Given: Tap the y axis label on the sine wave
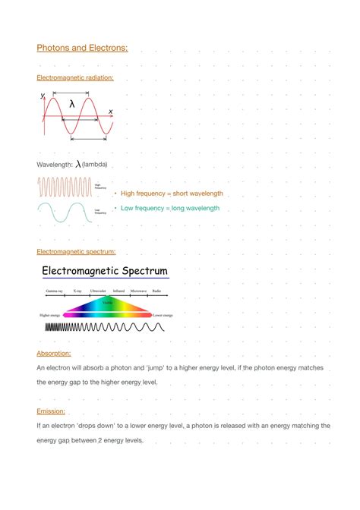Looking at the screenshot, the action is [43, 96].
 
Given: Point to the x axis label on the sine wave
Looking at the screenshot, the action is [110, 112].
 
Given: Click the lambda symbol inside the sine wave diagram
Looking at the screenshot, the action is [72, 104].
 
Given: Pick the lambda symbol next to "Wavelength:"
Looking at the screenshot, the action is [77, 164].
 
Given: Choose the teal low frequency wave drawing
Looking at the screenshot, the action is [65, 212].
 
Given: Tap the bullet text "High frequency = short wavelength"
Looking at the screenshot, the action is [172, 194].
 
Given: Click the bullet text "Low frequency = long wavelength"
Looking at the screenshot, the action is [170, 208].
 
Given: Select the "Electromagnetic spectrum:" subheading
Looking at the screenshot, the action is [76, 251].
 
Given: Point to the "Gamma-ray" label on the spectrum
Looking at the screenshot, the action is [54, 291].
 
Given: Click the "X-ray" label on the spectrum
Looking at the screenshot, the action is [77, 291].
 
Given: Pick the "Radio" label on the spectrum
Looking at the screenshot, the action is [156, 291].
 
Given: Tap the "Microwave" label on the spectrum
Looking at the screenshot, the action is [138, 291].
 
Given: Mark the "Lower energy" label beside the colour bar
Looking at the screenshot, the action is [163, 314].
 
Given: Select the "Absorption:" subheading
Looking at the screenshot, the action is [54, 354].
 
